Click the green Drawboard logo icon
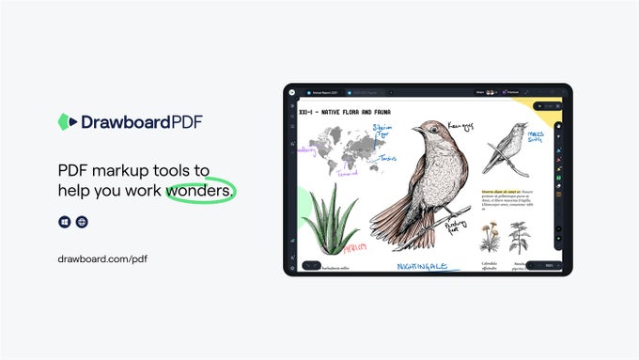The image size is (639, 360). pyautogui.click(x=65, y=121)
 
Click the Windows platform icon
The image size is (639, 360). pyautogui.click(x=64, y=222)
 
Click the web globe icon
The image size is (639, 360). pyautogui.click(x=82, y=222)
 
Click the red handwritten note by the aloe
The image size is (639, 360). pyautogui.click(x=354, y=247)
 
